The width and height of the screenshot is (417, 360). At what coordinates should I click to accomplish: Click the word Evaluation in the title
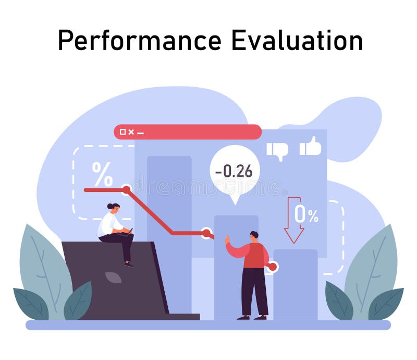(x=297, y=41)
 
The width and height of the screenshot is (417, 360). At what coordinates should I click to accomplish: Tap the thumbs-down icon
(x=277, y=150)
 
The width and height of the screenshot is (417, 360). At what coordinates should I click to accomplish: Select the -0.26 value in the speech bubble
(x=234, y=171)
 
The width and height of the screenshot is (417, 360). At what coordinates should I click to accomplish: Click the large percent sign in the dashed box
(x=102, y=174)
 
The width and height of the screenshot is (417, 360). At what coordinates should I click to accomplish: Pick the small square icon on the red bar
(x=122, y=132)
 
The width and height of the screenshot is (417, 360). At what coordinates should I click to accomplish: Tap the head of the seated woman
(x=113, y=207)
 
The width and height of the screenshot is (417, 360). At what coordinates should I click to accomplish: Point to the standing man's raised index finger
(x=227, y=238)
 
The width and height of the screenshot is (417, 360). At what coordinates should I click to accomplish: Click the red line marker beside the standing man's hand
(x=272, y=267)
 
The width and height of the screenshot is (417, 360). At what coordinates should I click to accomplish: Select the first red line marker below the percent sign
(x=126, y=190)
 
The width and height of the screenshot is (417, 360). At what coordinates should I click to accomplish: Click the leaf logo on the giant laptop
(x=113, y=277)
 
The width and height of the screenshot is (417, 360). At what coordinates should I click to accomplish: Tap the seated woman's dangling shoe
(x=129, y=264)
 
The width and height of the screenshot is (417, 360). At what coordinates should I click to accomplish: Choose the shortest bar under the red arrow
(x=295, y=284)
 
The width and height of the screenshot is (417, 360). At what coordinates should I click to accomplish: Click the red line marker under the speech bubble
(x=206, y=233)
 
